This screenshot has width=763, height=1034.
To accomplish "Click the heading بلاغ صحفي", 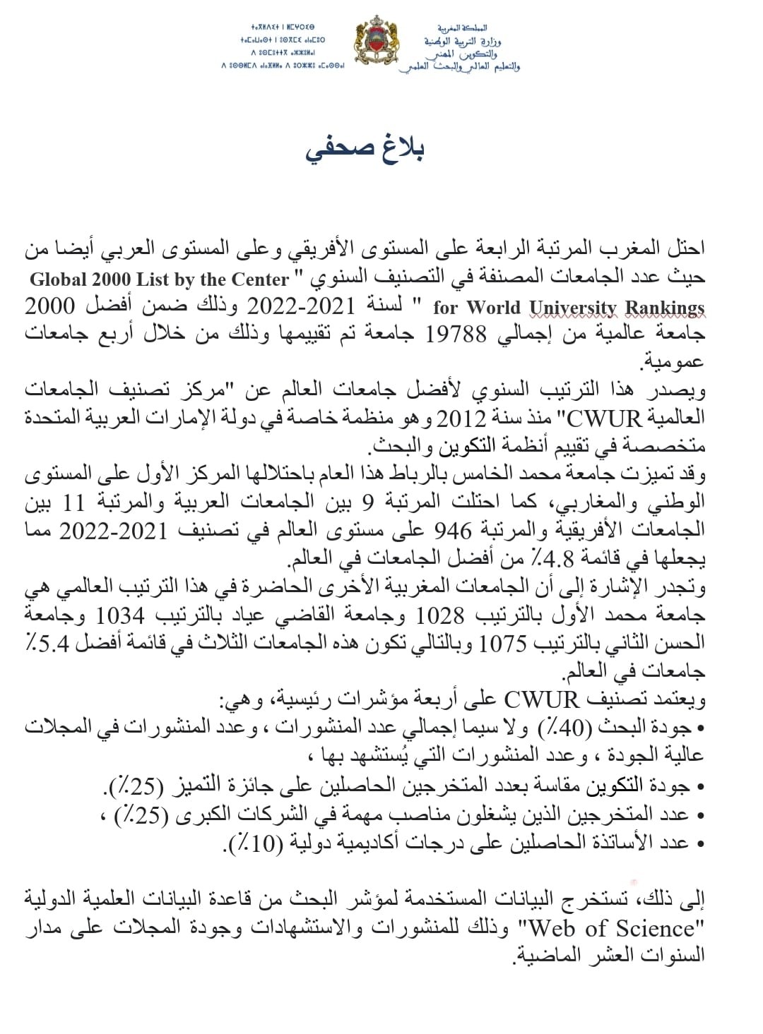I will point(365,150).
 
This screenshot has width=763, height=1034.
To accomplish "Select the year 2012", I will point(460,419).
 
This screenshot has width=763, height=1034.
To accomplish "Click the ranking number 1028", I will point(440,615).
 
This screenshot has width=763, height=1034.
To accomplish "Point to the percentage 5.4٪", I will point(49,644).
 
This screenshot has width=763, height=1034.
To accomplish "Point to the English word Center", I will point(261,279).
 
